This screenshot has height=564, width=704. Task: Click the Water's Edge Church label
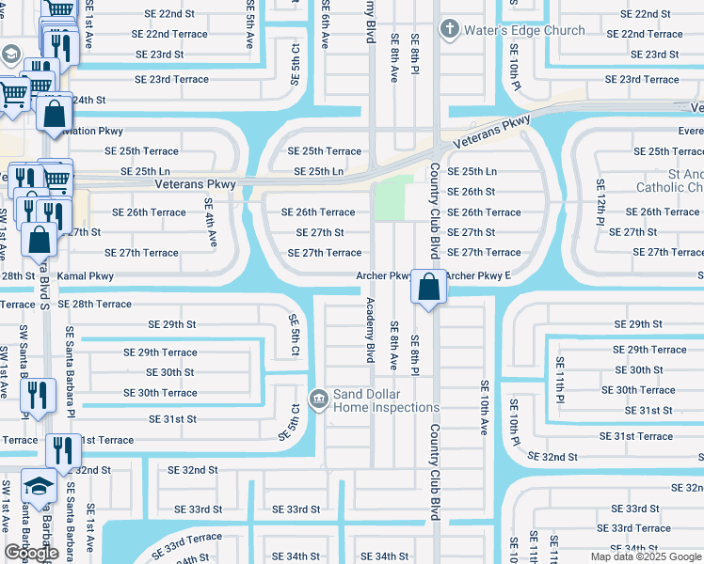(524, 30)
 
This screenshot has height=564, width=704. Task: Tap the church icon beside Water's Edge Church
(451, 30)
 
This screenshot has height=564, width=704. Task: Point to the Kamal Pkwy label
(86, 276)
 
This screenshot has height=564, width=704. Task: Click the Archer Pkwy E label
(478, 276)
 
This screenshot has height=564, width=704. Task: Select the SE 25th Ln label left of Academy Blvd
(318, 172)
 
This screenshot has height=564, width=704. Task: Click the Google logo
(30, 553)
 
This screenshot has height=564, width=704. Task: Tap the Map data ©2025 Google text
(646, 556)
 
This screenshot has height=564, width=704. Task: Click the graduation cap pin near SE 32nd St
(39, 486)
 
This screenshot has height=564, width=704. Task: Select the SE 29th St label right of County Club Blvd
(640, 324)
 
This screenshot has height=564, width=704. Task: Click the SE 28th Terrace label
(94, 305)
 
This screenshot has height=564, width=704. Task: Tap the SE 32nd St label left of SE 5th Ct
(193, 470)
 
